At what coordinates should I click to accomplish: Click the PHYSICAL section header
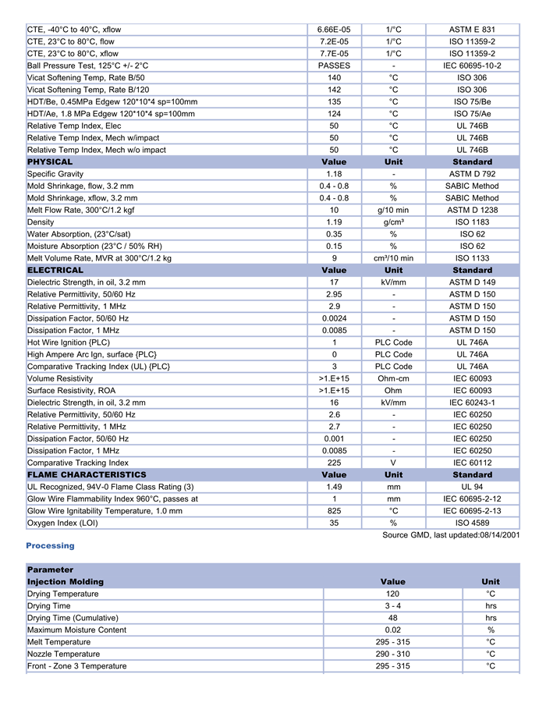point(50,162)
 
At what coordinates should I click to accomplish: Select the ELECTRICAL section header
point(55,270)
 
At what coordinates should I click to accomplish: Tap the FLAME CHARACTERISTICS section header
point(87,474)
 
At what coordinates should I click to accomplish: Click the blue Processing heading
point(50,545)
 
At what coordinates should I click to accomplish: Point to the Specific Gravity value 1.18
point(334,174)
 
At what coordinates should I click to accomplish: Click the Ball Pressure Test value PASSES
point(334,66)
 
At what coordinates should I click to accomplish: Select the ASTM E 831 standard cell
point(472,30)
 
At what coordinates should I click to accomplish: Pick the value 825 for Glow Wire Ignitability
point(334,511)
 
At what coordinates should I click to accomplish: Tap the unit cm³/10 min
point(393,258)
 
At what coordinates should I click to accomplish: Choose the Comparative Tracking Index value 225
point(334,463)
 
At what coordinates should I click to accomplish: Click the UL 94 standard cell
point(472,487)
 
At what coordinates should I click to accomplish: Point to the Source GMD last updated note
point(451,534)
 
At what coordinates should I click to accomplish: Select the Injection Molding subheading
point(66,582)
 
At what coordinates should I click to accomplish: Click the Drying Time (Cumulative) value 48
point(392,618)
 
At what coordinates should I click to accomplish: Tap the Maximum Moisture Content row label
point(76,630)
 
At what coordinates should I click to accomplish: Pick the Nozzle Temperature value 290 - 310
point(392,654)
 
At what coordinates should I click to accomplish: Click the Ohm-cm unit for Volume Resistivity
point(393,378)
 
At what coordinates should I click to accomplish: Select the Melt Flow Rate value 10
point(334,210)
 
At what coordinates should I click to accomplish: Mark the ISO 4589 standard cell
point(472,523)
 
